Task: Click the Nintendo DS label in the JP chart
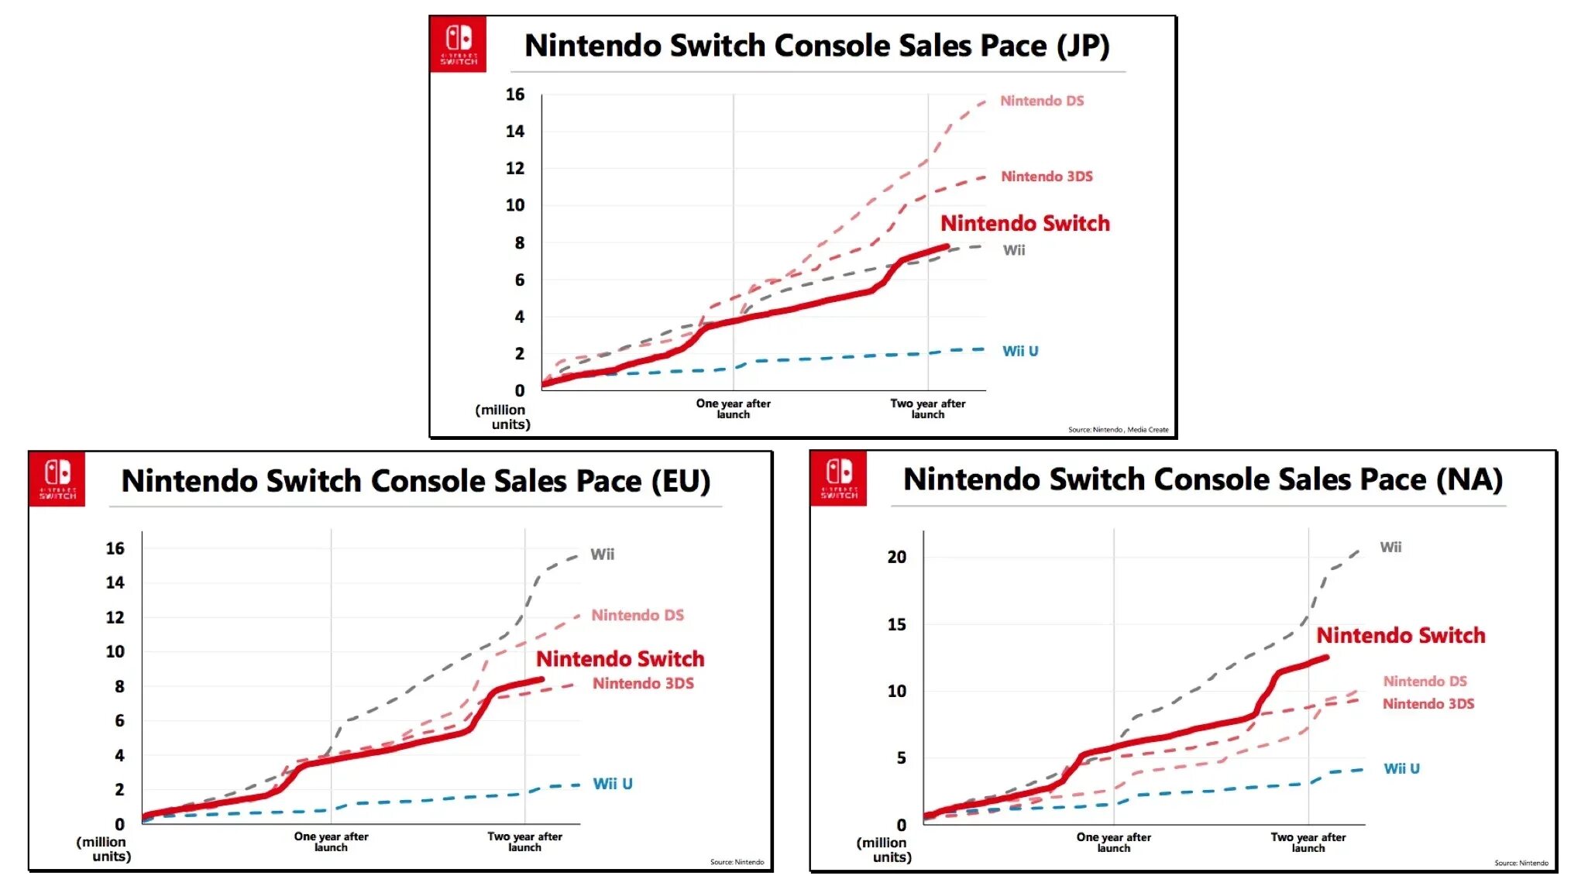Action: [1042, 101]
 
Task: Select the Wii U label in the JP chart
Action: [1020, 351]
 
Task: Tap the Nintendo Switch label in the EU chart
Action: [620, 659]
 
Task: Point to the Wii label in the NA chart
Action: [1390, 547]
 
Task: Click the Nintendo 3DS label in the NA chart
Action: [1428, 704]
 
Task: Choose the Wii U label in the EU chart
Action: [613, 784]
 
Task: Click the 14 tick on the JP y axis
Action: [515, 132]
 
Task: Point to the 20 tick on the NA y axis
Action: [896, 557]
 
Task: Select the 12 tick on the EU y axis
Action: [115, 617]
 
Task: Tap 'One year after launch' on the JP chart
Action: [733, 408]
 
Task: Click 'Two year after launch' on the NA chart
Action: [1308, 842]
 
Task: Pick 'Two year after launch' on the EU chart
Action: [524, 841]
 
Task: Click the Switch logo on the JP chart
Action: [459, 44]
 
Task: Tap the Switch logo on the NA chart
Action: [839, 478]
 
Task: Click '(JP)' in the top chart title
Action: [1083, 46]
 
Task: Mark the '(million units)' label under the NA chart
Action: [884, 850]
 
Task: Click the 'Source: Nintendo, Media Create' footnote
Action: [1118, 430]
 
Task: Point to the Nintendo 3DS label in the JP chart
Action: [1047, 177]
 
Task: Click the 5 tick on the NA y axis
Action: [901, 758]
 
